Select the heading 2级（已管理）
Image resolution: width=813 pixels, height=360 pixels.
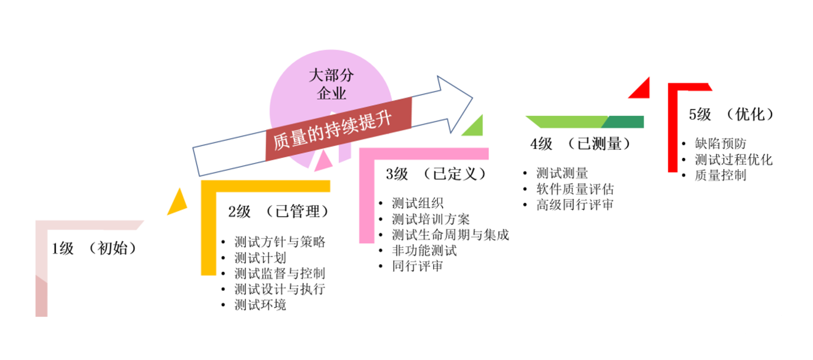point(278,211)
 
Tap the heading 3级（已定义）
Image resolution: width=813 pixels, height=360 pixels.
point(436,174)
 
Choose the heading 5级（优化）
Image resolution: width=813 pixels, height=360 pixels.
point(731,114)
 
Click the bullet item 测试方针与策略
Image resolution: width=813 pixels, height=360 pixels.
point(280,242)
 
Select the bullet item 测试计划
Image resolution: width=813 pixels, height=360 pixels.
point(260,258)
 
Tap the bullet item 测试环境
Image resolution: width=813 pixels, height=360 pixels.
point(260,305)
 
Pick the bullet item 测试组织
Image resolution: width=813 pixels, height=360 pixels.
point(417,203)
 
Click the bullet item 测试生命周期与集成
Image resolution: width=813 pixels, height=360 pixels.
point(450,235)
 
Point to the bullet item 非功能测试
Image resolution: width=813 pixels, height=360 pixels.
point(424,250)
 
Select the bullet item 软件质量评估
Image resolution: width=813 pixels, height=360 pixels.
point(575,189)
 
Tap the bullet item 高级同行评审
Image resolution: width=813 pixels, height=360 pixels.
point(575,205)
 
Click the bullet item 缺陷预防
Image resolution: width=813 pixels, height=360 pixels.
point(720,144)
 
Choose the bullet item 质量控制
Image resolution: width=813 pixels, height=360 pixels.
point(720,175)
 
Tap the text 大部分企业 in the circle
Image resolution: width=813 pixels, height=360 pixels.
point(331,84)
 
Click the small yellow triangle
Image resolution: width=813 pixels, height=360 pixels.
point(177,203)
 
